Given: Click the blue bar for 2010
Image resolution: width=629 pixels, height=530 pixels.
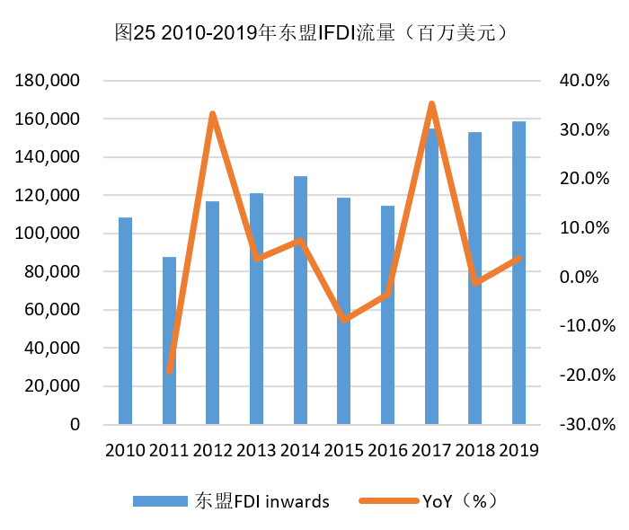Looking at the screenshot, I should [125, 321].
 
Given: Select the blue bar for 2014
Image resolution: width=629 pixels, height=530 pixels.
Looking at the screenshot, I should [300, 300].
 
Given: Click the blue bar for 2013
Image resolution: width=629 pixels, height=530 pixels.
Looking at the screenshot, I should [256, 309].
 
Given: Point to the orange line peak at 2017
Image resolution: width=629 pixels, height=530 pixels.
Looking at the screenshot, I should [432, 104].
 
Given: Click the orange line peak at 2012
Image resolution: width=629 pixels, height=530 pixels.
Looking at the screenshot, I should [213, 114].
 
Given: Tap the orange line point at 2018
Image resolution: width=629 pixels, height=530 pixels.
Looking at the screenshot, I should [475, 283].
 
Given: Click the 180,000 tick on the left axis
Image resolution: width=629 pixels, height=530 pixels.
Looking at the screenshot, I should [49, 81].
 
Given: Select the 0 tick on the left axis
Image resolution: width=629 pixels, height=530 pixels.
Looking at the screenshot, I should [75, 424].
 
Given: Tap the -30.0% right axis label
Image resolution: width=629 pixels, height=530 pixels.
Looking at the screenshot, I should [581, 424].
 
